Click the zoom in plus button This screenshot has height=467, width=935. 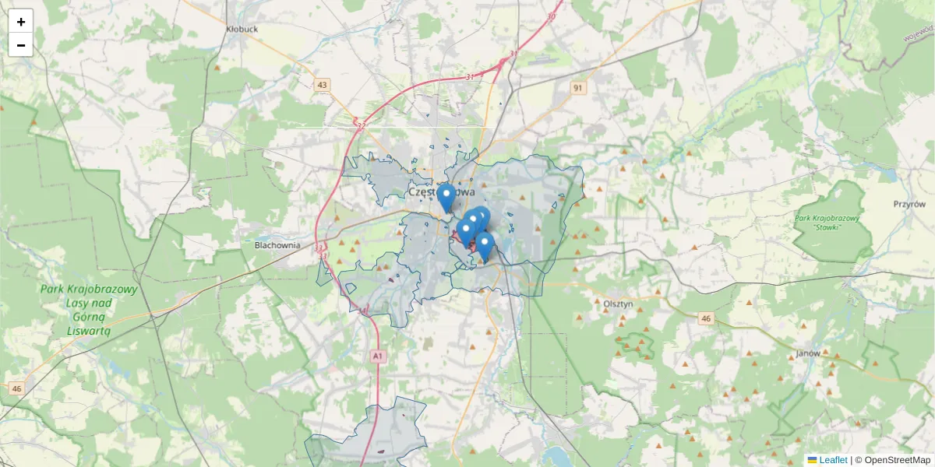pos(21,22)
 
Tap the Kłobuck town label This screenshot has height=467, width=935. pos(242,29)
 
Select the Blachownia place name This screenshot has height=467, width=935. pos(277,245)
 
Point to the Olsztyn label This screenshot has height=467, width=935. pos(618,304)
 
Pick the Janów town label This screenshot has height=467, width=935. pos(809,353)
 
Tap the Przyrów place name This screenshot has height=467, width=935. pos(909,204)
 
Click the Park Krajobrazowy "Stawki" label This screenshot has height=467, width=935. pos(827,223)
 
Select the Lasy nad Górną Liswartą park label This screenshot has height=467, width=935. pos(89,309)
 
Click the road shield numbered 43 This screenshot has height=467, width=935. pos(323,85)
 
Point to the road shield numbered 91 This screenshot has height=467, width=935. pos(577,88)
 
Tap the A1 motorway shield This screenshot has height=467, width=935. pos(378,356)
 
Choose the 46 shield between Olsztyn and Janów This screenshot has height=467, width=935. pos(706,318)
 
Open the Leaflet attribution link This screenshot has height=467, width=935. pos(833,460)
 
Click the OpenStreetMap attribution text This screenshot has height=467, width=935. pos(892,460)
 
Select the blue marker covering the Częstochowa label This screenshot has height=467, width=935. pos(446,196)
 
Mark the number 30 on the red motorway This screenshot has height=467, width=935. pos(552,16)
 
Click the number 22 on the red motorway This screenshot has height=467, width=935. pos(361,125)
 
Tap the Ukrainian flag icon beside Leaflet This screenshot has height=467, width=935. pos(812,460)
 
